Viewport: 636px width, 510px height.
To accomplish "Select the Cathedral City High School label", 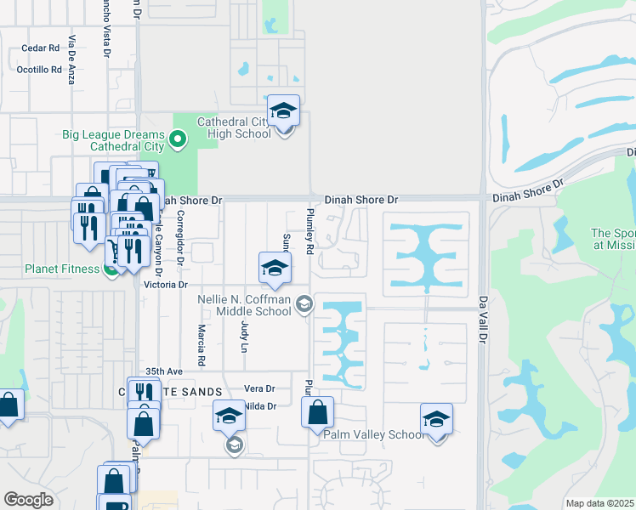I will point(234,127).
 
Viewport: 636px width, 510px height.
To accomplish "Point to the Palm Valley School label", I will point(373,434).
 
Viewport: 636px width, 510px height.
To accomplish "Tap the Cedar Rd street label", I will point(40,48).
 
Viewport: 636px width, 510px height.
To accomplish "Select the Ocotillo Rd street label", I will point(40,70).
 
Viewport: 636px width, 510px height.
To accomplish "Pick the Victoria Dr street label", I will point(165,285).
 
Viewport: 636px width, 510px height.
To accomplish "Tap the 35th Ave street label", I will point(164,371).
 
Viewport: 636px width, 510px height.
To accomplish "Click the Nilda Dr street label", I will point(260,406).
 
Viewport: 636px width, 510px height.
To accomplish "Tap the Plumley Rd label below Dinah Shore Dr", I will point(310,231).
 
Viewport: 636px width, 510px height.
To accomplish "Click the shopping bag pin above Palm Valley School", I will point(317,413).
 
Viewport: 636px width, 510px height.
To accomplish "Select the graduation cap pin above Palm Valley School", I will point(436,420).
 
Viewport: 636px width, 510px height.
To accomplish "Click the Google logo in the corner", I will point(28,500).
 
